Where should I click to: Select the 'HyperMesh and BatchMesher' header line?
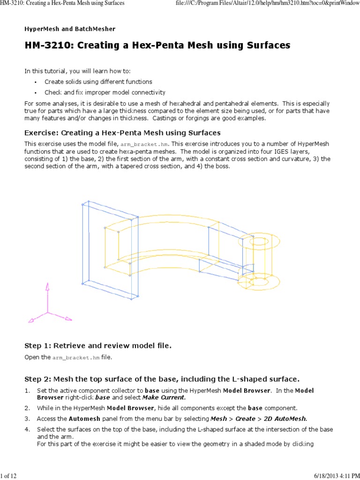70,29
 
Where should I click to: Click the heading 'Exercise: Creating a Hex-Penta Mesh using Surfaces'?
122,133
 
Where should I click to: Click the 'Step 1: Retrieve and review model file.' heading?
98,346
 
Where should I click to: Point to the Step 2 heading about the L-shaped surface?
162,379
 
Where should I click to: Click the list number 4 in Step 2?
27,429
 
